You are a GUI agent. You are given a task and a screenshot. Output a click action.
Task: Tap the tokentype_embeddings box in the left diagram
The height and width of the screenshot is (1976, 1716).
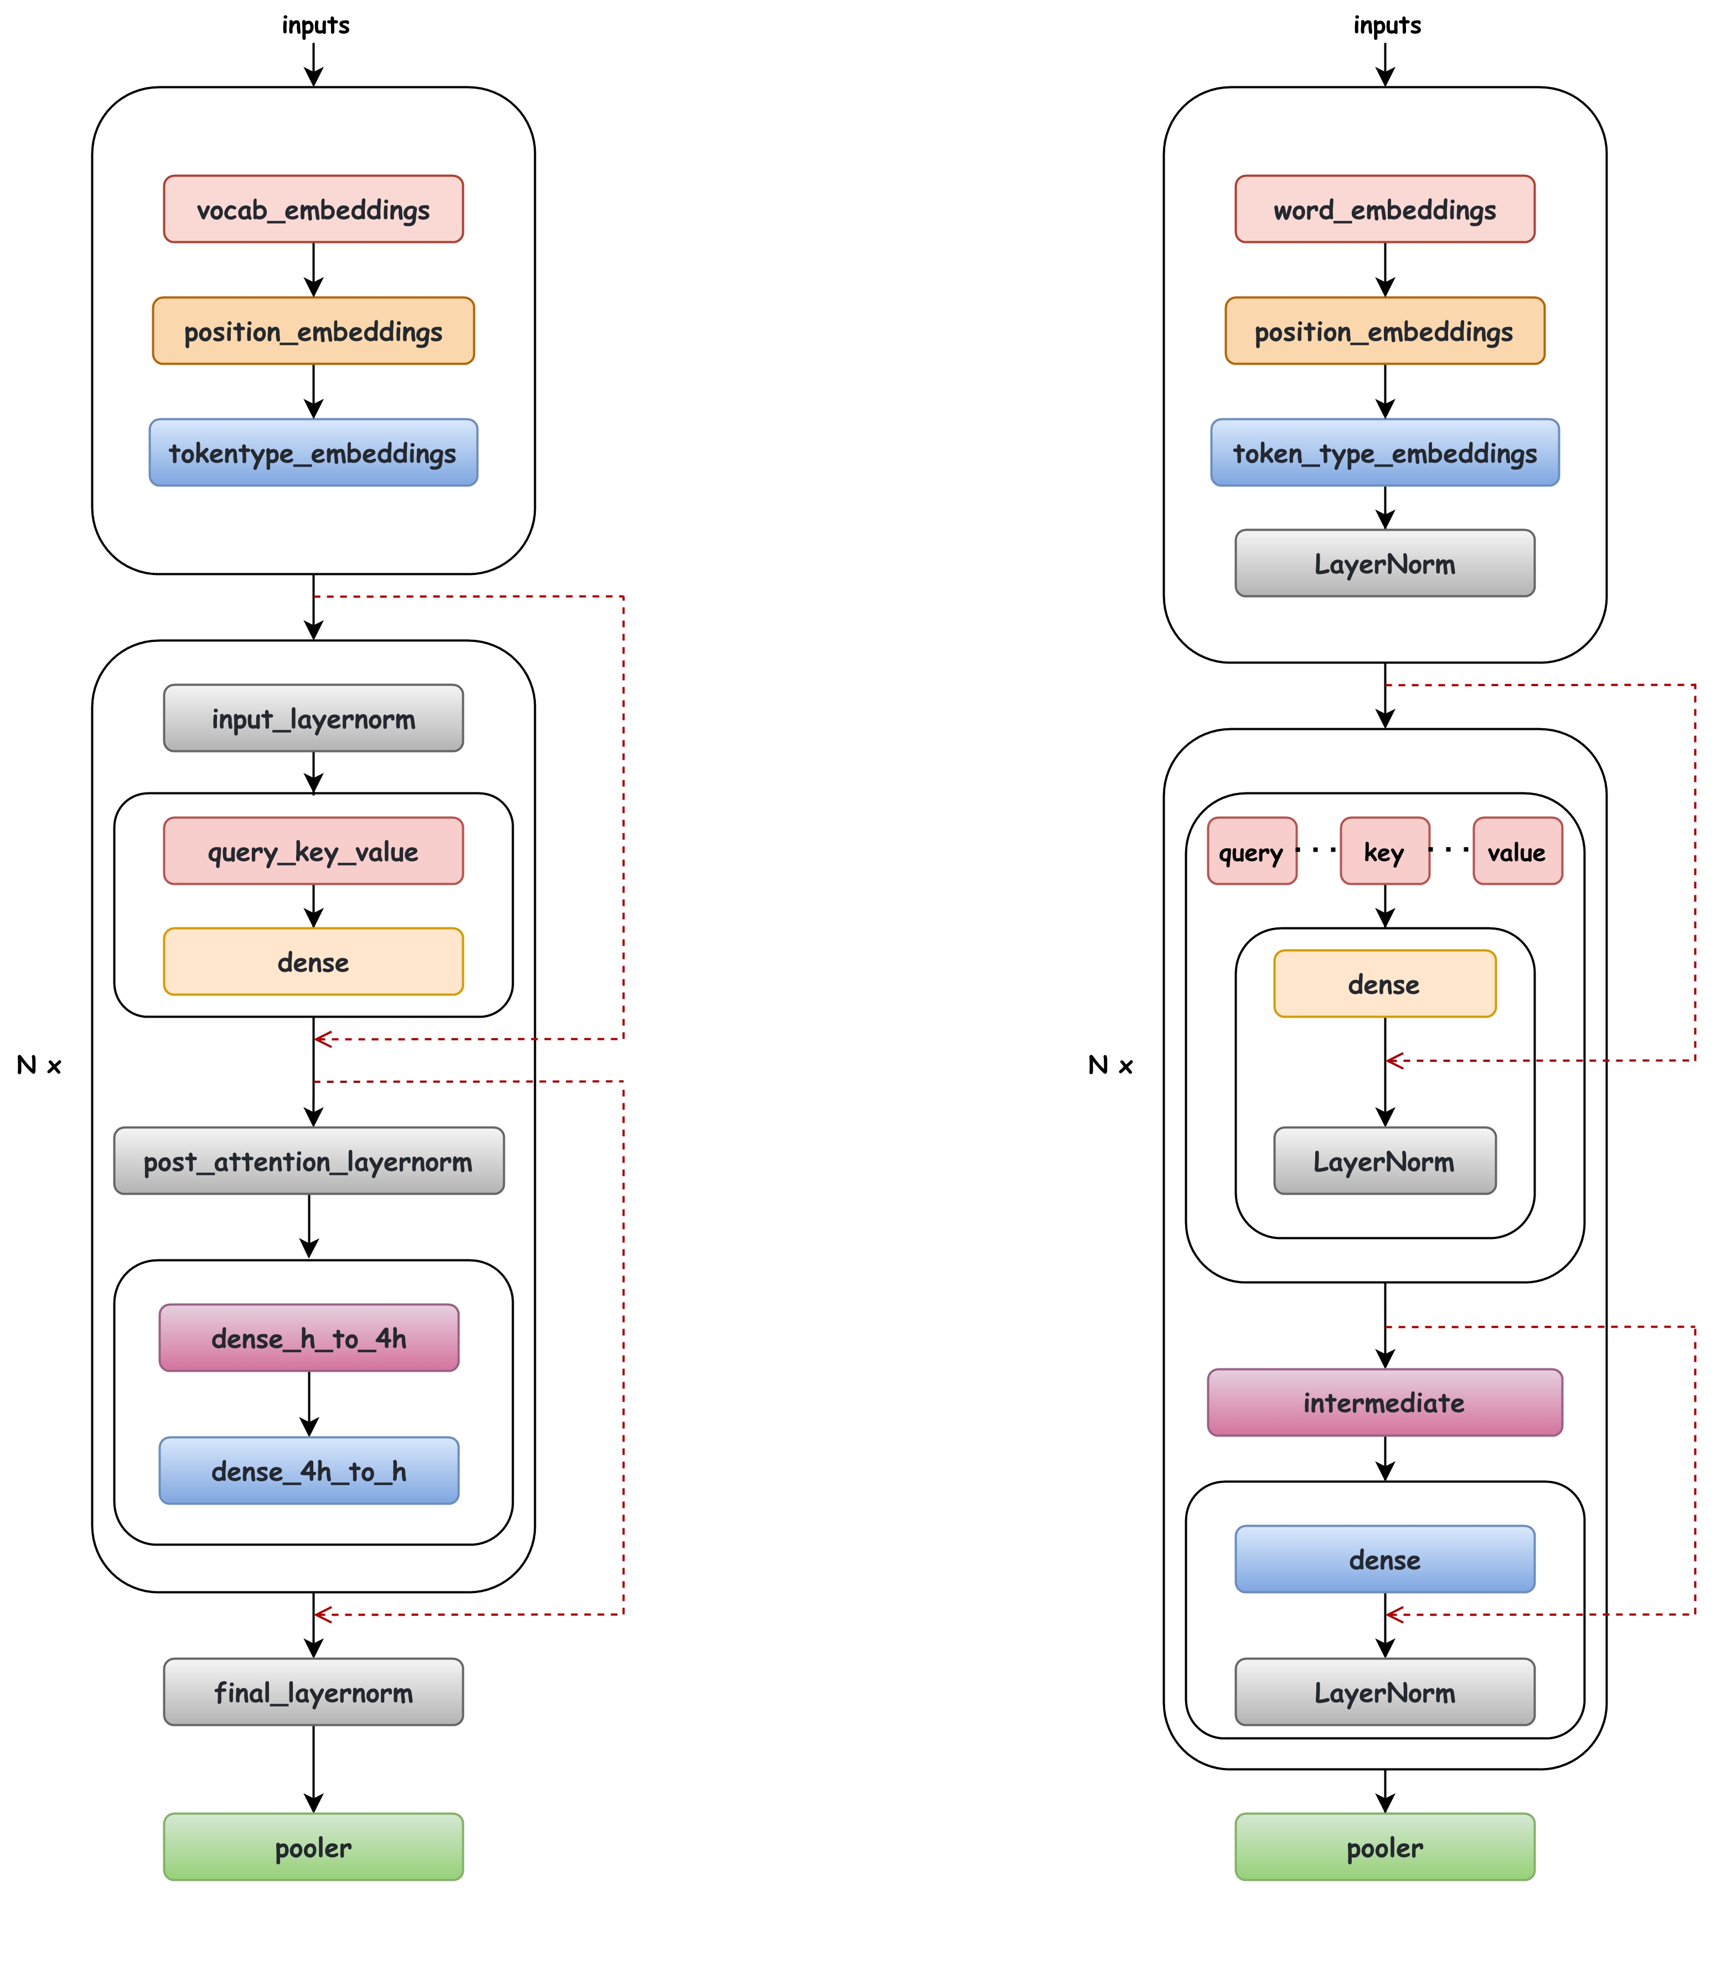313,452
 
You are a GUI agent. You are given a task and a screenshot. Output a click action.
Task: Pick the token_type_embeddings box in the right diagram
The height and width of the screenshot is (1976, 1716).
1384,452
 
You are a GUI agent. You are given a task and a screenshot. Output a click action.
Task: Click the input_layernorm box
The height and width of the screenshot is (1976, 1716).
313,718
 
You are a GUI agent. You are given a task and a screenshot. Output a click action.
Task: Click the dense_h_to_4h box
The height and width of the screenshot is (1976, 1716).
308,1337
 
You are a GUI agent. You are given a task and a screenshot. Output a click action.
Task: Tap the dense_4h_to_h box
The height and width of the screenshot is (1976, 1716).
308,1470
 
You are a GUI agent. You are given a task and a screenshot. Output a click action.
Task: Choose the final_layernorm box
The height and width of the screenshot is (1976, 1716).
313,1692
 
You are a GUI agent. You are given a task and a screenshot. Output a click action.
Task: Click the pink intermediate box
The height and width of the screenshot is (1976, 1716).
1384,1403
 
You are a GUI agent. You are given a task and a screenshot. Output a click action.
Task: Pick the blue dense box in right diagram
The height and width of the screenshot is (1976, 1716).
1384,1559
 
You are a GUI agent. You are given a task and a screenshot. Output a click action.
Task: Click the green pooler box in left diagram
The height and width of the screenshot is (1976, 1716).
313,1846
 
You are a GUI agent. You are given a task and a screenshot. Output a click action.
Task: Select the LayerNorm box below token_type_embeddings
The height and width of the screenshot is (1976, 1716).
1384,563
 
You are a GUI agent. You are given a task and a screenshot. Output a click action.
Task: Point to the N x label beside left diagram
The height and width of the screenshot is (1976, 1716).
39,1065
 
